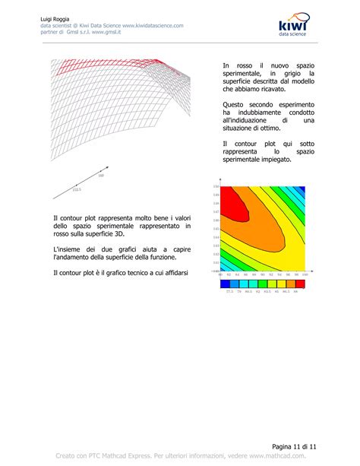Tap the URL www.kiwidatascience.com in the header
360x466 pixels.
point(150,25)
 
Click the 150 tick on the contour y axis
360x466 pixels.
point(216,187)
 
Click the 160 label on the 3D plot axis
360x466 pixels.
point(101,176)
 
